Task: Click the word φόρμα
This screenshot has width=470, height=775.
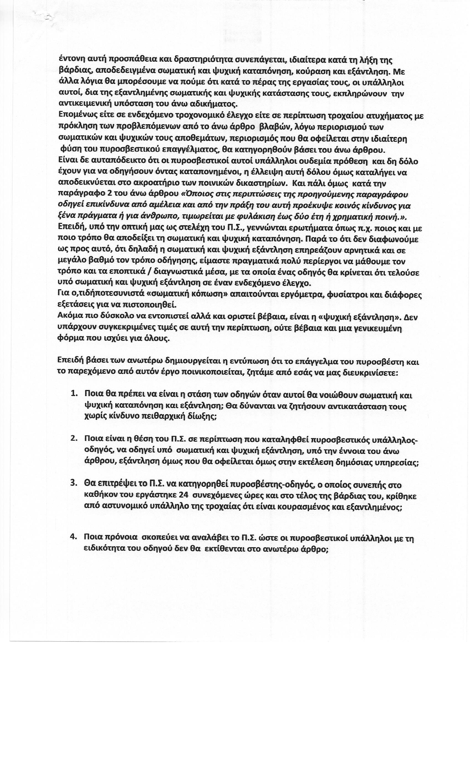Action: tap(68, 339)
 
